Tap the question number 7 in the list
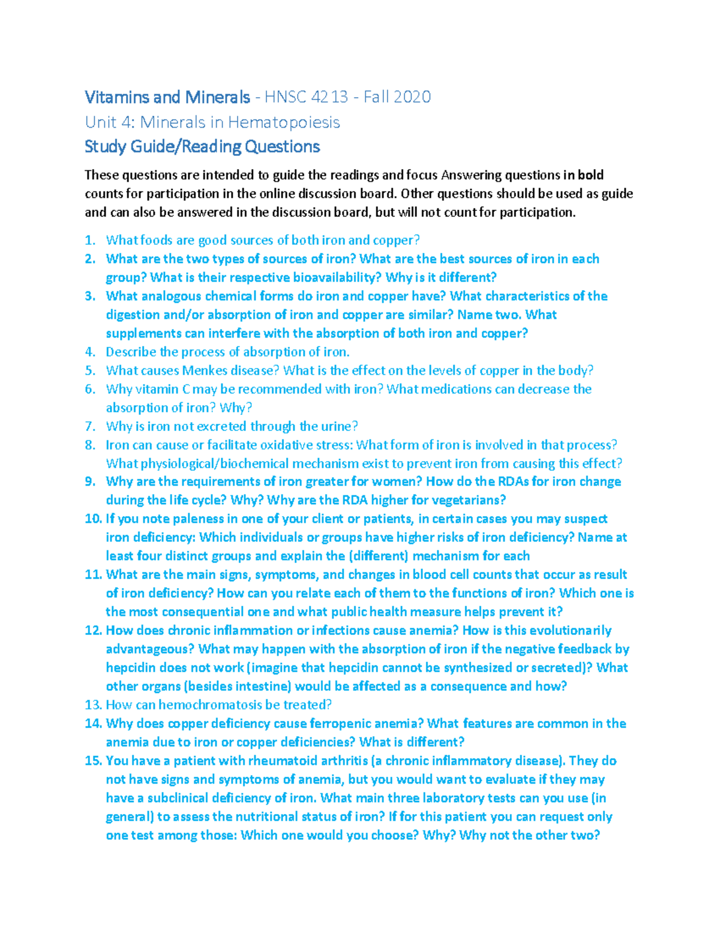pyautogui.click(x=90, y=426)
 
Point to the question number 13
pyautogui.click(x=93, y=705)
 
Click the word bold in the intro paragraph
pyautogui.click(x=590, y=175)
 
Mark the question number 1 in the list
pyautogui.click(x=90, y=240)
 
